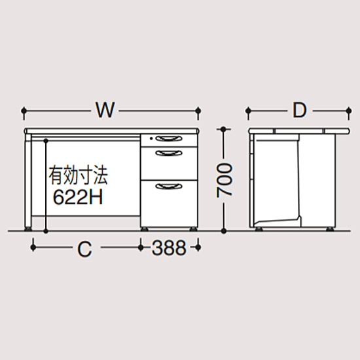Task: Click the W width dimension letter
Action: point(105,110)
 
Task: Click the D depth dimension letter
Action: point(300,110)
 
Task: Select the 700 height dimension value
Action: point(224,180)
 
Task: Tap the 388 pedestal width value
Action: point(169,247)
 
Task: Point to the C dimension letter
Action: point(84,249)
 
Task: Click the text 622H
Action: point(78,197)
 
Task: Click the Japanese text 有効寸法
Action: point(78,176)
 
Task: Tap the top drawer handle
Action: point(169,139)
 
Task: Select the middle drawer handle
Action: point(169,153)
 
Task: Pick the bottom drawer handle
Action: point(169,186)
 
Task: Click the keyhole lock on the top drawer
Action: point(151,139)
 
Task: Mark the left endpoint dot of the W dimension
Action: point(24,111)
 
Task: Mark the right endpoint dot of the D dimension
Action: point(349,111)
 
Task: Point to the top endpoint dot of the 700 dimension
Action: point(223,129)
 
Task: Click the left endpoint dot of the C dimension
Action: point(33,247)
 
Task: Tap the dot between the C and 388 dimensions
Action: point(141,247)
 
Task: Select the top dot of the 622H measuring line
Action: point(46,140)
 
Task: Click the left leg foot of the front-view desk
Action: point(28,228)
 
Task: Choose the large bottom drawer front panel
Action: point(169,204)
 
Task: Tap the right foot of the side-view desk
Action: point(330,228)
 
